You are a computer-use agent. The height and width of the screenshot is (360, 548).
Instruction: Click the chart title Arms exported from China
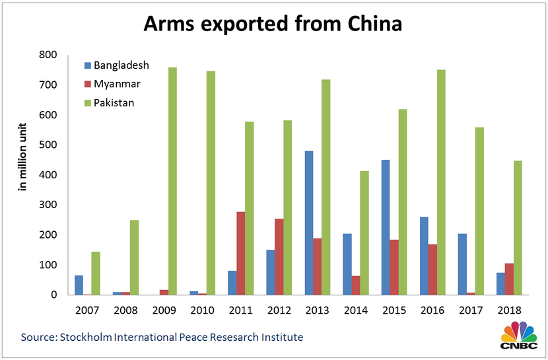tap(273, 25)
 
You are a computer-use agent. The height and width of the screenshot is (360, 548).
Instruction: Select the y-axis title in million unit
tap(22, 157)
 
